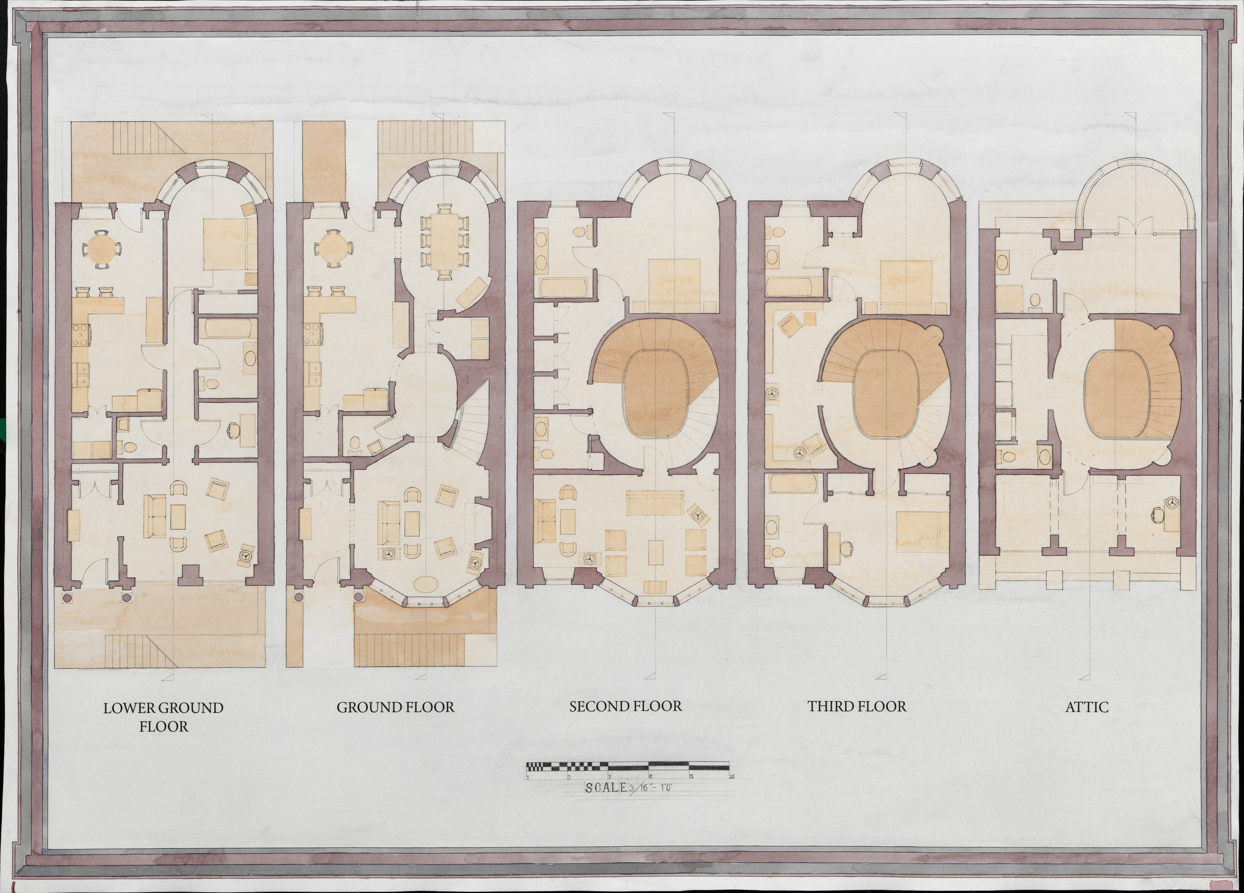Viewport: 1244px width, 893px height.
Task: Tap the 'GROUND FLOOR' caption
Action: pyautogui.click(x=396, y=708)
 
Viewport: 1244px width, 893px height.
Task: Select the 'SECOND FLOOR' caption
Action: pyautogui.click(x=625, y=706)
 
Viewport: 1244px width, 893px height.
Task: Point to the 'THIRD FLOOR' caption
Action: pyautogui.click(x=857, y=706)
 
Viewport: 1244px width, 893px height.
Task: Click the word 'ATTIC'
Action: pyautogui.click(x=1087, y=708)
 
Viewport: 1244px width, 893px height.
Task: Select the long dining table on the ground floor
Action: pyautogui.click(x=445, y=241)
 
